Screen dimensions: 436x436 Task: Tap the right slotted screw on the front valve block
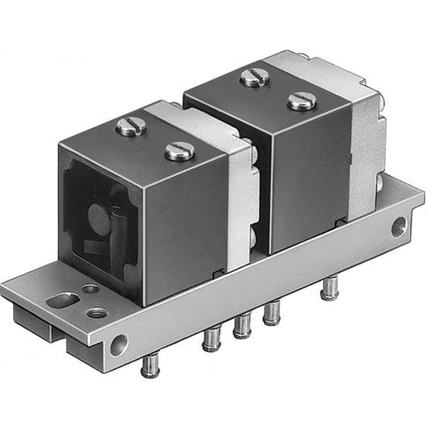coord(179,151)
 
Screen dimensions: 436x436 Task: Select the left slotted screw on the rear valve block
coord(255,78)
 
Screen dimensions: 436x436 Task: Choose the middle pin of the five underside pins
coord(242,326)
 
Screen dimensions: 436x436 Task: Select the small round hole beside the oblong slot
coord(90,289)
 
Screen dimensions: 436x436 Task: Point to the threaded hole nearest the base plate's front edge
coord(97,312)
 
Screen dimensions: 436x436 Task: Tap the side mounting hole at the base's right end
coord(399,227)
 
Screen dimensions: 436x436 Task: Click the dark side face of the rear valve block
coord(310,174)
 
